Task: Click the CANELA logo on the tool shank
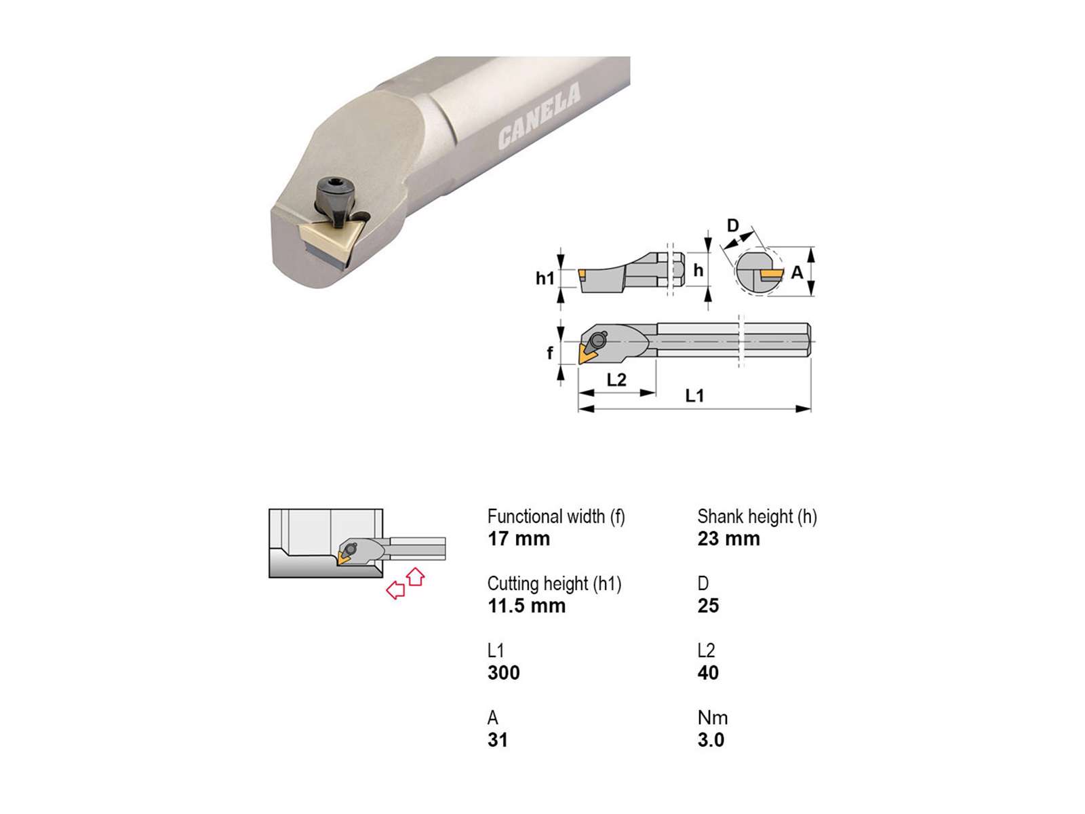pyautogui.click(x=539, y=117)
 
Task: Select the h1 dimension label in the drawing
pyautogui.click(x=545, y=279)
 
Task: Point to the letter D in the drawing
pyautogui.click(x=732, y=226)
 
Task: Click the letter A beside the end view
pyautogui.click(x=797, y=272)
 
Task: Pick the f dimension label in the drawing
pyautogui.click(x=550, y=352)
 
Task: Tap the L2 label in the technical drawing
pyautogui.click(x=616, y=380)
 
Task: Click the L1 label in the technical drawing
pyautogui.click(x=694, y=395)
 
